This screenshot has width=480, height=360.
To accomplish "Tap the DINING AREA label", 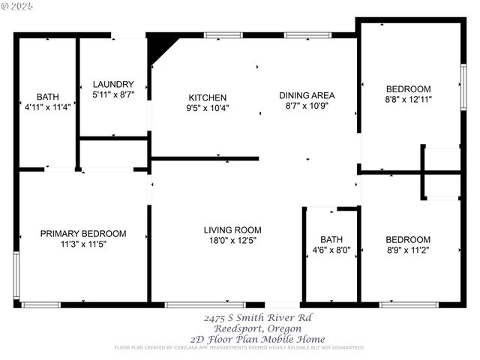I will click(307, 95).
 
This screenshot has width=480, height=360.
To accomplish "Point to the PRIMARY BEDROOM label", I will click(83, 234).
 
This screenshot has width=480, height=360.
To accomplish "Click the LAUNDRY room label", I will click(113, 84).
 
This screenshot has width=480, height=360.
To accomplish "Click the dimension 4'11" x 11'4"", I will click(48, 107).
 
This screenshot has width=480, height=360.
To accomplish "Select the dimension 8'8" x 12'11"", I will click(409, 98).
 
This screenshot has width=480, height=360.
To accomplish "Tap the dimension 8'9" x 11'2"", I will click(409, 250).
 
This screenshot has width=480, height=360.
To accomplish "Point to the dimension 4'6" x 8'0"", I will click(331, 250).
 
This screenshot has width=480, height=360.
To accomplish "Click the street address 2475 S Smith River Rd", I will click(247, 317).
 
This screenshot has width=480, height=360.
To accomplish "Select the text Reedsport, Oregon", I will click(247, 328).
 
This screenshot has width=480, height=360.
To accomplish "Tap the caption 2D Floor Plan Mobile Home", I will click(247, 338).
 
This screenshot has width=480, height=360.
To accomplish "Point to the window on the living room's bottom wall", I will click(194, 304).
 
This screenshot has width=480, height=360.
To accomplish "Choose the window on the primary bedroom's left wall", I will click(16, 275).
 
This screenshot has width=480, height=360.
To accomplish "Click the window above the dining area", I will click(307, 34).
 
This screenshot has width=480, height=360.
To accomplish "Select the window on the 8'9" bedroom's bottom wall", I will click(409, 304).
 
